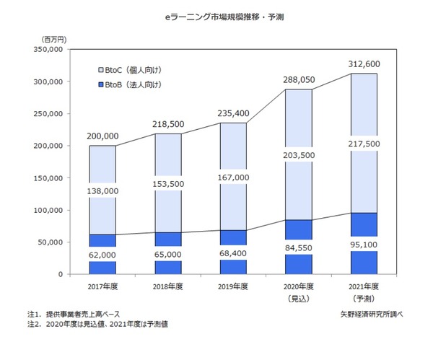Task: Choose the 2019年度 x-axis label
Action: coord(233,286)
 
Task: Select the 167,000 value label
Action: coord(233,177)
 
